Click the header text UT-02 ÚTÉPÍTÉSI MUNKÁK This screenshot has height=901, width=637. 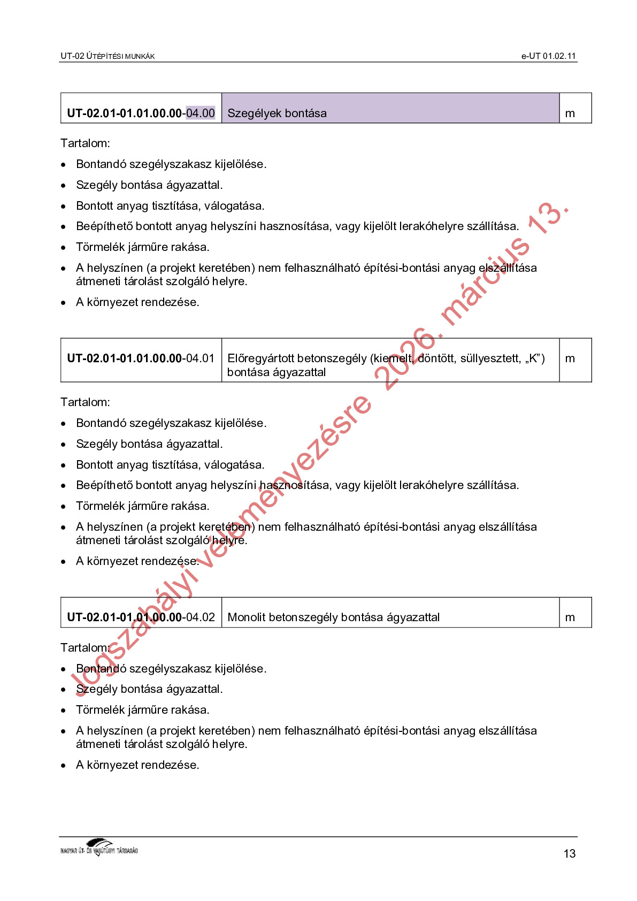[x=108, y=56]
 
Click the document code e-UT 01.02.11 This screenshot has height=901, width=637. [x=548, y=56]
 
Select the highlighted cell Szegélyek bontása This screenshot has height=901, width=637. [x=390, y=109]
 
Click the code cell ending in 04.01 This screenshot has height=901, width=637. [x=141, y=358]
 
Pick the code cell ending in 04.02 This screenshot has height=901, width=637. [x=141, y=617]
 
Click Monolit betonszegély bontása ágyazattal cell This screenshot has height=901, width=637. [x=390, y=617]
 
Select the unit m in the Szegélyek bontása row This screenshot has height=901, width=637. [x=570, y=113]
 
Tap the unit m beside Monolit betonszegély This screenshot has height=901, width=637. [x=570, y=617]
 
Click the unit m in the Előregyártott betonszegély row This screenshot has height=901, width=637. [x=570, y=358]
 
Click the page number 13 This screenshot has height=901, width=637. [x=570, y=853]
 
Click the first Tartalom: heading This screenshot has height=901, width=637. [x=85, y=143]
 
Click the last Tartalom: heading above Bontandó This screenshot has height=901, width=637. [x=85, y=648]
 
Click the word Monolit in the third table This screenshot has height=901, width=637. [x=246, y=617]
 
